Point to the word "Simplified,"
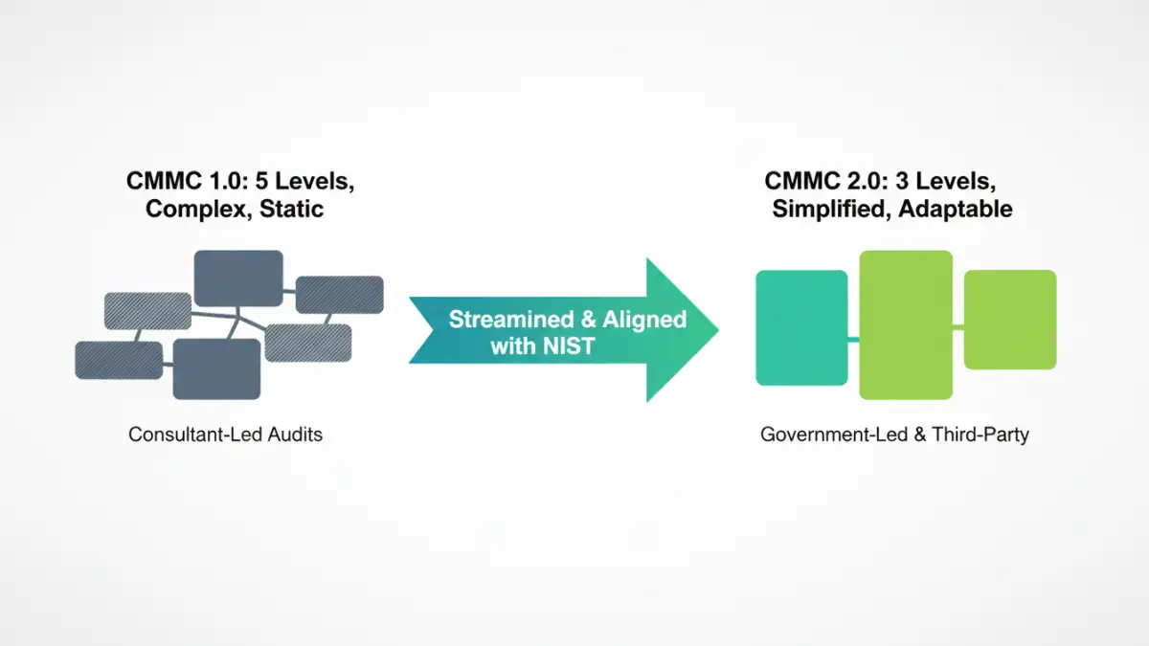(829, 209)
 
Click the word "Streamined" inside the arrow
(505, 319)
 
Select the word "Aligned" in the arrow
(644, 319)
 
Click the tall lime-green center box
(906, 324)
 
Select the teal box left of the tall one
(801, 327)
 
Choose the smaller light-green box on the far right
(1009, 320)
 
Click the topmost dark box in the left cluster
(238, 278)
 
